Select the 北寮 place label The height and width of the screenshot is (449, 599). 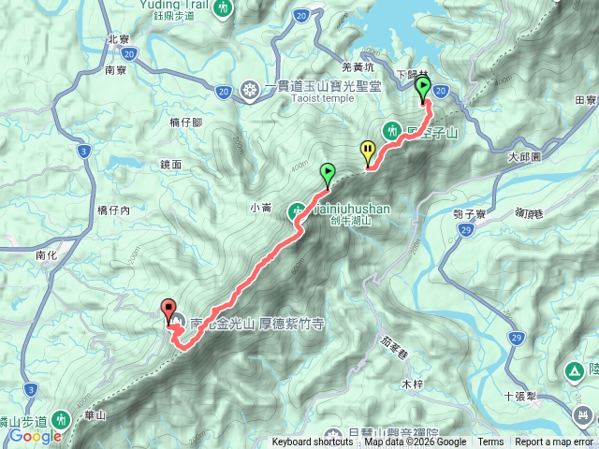coord(118,39)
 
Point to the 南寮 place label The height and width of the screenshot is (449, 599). coord(116,70)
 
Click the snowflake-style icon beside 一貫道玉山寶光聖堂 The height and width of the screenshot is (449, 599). coord(250,90)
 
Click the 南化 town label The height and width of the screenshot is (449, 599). coord(47,254)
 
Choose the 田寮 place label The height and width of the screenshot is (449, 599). coord(586,99)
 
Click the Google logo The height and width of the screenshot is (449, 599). coord(36,436)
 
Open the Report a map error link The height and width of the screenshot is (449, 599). coord(555,442)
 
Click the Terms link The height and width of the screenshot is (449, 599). coord(490,442)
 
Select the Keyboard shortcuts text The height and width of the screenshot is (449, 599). coord(313,442)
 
